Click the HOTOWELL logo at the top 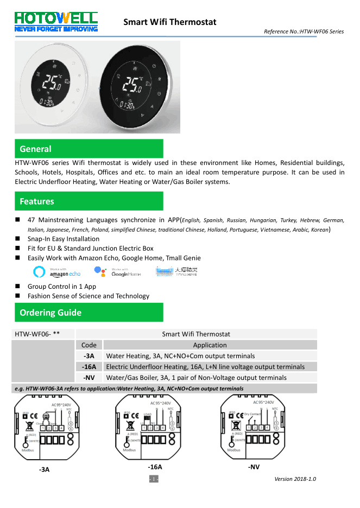(x=57, y=22)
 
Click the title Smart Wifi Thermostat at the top (x=169, y=22)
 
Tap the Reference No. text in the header (x=304, y=31)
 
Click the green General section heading (x=89, y=149)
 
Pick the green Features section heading (x=89, y=201)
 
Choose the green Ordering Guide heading (x=89, y=313)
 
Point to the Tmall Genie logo (x=177, y=271)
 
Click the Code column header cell (x=89, y=345)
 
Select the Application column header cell (x=210, y=345)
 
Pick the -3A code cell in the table (x=89, y=356)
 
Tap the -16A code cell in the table (x=89, y=367)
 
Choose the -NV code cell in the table (x=89, y=378)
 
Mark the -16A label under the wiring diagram (x=155, y=467)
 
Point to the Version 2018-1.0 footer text (x=295, y=479)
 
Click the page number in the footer (x=154, y=479)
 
